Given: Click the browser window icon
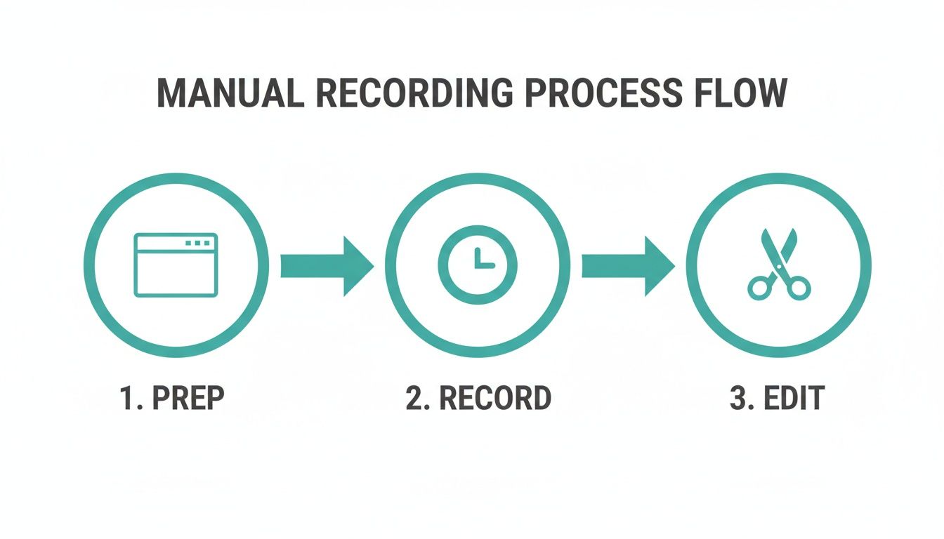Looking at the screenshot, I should click(176, 265).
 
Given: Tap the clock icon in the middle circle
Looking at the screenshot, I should click(477, 265).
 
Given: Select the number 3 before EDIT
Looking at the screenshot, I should click(737, 398).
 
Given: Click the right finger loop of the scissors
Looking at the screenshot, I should click(799, 287).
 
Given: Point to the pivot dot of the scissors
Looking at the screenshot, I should click(778, 267).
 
